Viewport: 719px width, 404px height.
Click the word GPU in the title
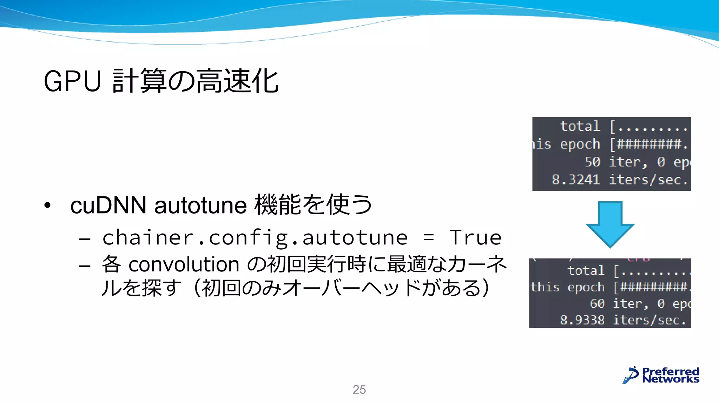(x=72, y=81)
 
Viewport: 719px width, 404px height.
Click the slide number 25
(x=359, y=390)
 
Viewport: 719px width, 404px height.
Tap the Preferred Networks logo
(x=661, y=375)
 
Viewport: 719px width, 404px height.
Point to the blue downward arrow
(x=610, y=224)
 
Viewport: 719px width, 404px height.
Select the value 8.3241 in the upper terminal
(x=576, y=180)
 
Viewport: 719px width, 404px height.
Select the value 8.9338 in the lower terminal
(x=582, y=320)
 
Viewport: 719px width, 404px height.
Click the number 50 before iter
(x=592, y=162)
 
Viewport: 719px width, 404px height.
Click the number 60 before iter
(x=597, y=304)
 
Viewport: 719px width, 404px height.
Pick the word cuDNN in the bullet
(x=108, y=205)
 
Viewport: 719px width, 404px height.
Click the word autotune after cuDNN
(x=200, y=205)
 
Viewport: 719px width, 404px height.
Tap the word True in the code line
(x=475, y=238)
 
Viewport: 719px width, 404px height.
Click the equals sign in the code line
(x=428, y=238)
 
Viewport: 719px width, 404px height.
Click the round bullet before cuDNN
(x=47, y=206)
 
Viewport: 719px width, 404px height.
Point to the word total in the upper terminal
(x=580, y=126)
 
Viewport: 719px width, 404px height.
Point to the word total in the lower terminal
(x=586, y=271)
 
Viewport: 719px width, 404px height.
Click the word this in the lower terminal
(x=545, y=287)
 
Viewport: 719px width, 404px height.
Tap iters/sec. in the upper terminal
(x=648, y=180)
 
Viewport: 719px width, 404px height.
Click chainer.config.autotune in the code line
(x=255, y=238)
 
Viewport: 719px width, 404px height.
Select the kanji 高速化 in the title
(x=237, y=81)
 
